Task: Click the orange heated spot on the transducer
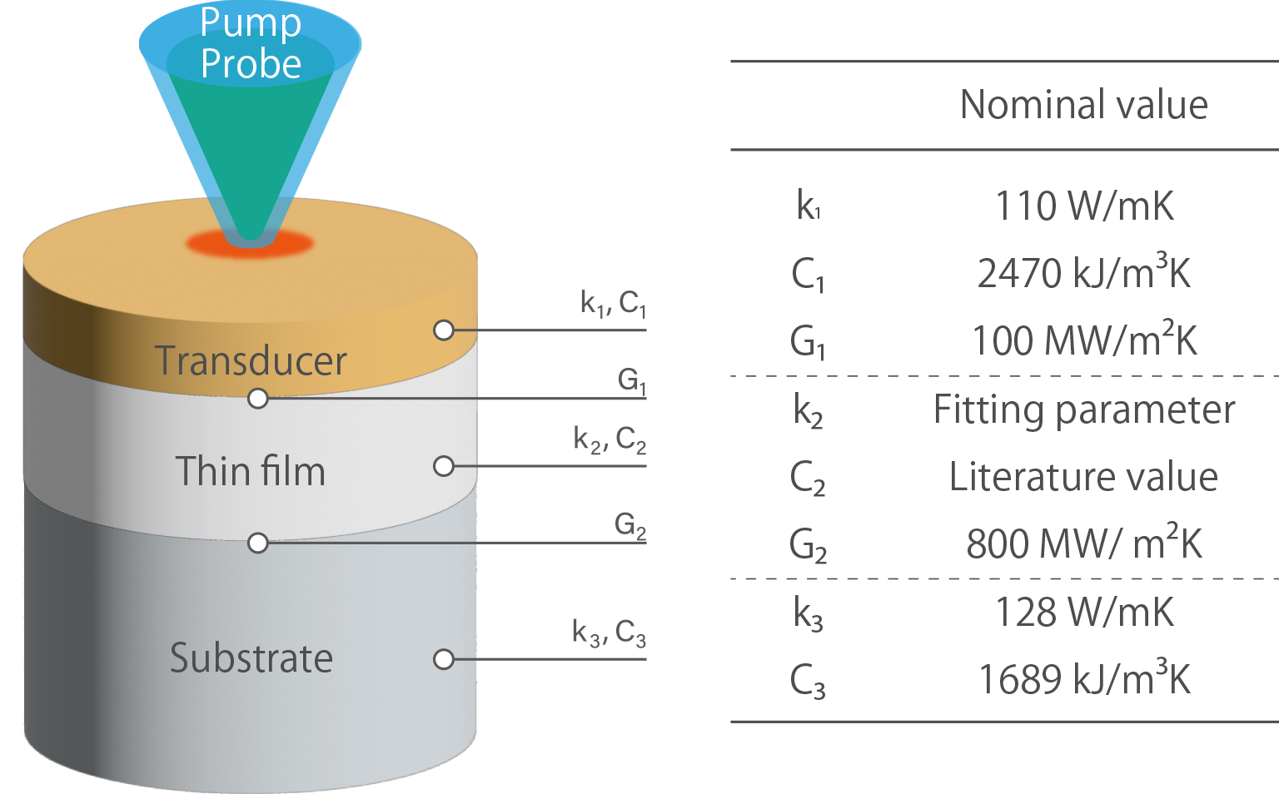[x=250, y=244]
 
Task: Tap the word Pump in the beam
[x=250, y=22]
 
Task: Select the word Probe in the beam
[x=251, y=64]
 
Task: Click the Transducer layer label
[x=251, y=361]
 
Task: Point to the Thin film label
[x=250, y=471]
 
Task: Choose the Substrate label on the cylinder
[x=251, y=658]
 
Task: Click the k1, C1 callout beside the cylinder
[x=613, y=304]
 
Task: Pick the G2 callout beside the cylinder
[x=630, y=526]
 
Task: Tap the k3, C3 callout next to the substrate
[x=609, y=633]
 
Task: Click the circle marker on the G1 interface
[x=258, y=399]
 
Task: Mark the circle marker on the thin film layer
[x=444, y=465]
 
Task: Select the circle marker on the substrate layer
[x=444, y=659]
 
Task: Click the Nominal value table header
[x=1083, y=105]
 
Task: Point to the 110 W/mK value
[x=1084, y=206]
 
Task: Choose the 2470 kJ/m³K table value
[x=1084, y=273]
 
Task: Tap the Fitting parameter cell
[x=1084, y=409]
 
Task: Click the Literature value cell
[x=1083, y=477]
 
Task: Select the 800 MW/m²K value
[x=1084, y=544]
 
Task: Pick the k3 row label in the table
[x=808, y=614]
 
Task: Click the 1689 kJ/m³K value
[x=1084, y=679]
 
